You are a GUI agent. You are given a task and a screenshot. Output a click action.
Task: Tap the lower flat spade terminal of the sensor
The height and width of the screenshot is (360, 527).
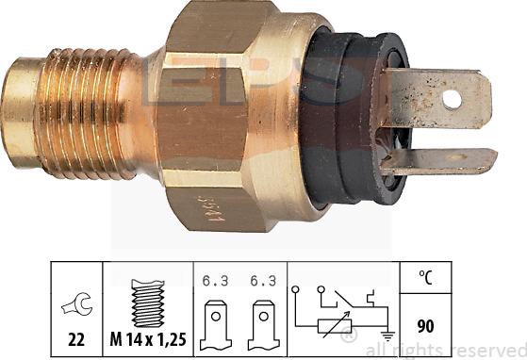pyautogui.click(x=443, y=160)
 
